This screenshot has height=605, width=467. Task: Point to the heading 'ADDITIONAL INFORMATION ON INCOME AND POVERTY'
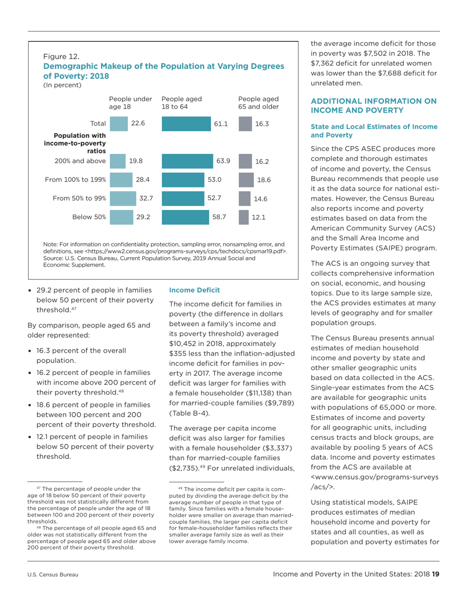click(x=373, y=106)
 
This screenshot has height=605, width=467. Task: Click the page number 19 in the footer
click(x=436, y=574)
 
